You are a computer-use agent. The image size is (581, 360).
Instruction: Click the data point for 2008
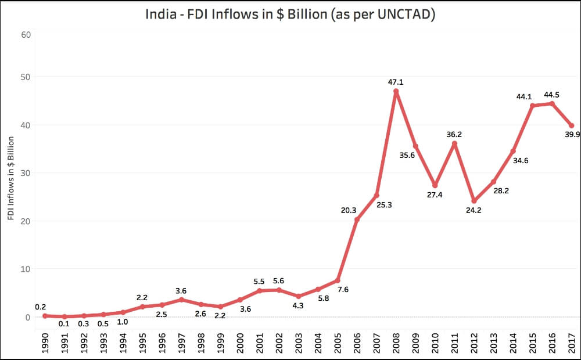tap(396, 91)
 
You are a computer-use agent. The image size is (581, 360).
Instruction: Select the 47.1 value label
tap(396, 82)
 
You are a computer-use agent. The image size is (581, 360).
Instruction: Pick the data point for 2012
tap(474, 201)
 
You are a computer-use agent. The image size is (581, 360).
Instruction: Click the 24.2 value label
tap(474, 210)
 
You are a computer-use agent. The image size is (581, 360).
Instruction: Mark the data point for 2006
tap(356, 219)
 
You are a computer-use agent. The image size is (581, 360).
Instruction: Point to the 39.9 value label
tap(571, 135)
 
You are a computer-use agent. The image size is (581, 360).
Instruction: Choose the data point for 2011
tap(454, 143)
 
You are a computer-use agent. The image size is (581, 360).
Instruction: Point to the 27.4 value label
tap(434, 195)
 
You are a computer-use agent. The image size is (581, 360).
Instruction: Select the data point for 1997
tap(181, 300)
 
